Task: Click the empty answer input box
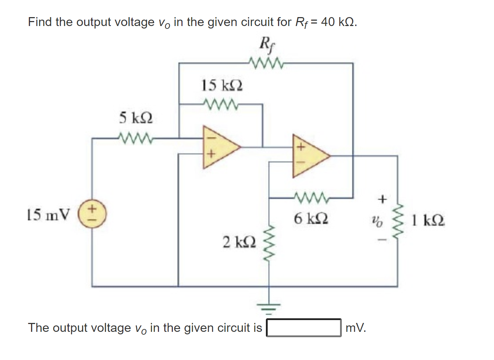click(x=304, y=328)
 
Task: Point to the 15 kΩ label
click(x=222, y=86)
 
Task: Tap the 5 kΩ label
click(x=136, y=118)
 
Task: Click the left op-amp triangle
click(x=218, y=146)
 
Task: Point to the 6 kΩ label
click(x=311, y=218)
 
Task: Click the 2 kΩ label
click(x=239, y=242)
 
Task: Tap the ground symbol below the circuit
click(x=269, y=308)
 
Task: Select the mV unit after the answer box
click(x=355, y=328)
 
